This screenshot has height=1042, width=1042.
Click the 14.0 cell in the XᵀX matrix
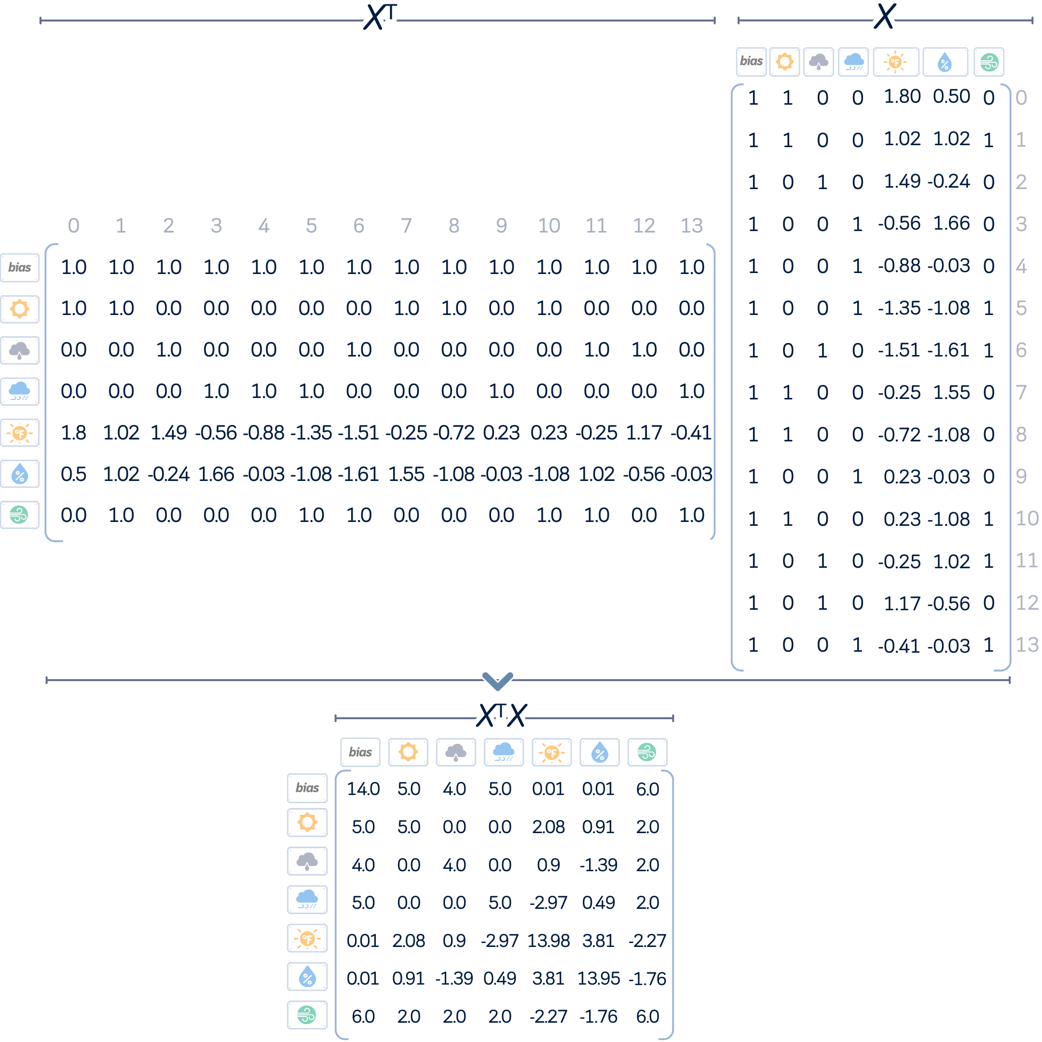363,789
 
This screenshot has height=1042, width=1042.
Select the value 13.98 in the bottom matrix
548,941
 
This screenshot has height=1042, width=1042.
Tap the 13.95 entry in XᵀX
599,978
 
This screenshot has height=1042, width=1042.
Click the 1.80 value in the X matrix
902,96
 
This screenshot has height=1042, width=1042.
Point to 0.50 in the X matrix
951,96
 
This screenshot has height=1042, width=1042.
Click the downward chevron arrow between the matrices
498,681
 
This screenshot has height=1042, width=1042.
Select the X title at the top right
885,16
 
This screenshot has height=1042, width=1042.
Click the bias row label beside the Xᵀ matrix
20,268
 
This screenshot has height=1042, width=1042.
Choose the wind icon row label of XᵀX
307,1015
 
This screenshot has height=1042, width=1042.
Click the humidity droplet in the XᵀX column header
600,752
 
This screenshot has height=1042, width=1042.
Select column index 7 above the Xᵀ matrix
406,225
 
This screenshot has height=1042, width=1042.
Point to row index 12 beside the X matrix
1027,603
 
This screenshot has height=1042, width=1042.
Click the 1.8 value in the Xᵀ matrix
73,433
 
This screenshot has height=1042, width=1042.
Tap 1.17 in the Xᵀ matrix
644,433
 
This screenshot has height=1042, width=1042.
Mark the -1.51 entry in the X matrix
899,350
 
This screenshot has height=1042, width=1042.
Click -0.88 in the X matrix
899,265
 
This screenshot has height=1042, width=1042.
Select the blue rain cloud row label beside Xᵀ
20,392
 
